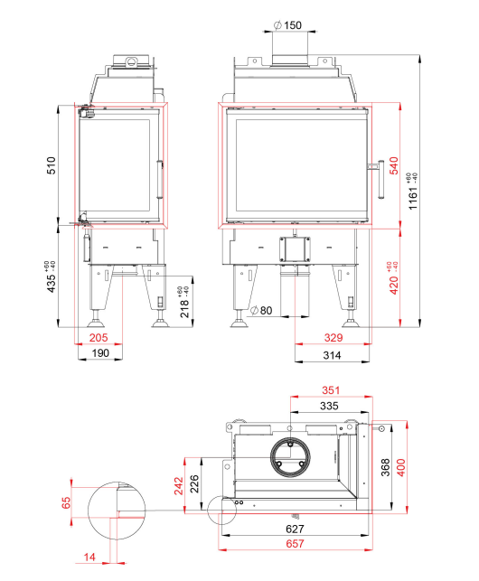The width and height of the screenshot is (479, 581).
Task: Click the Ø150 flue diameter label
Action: tap(287, 25)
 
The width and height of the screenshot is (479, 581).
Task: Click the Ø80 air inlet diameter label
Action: tap(261, 310)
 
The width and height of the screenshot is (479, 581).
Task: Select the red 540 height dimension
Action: tap(394, 165)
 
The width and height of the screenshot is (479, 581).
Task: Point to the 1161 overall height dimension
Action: tap(412, 192)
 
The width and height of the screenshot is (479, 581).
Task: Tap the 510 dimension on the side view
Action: tap(51, 165)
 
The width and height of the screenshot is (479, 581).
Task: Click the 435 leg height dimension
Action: tap(51, 276)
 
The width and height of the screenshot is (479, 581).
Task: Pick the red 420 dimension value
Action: tap(393, 278)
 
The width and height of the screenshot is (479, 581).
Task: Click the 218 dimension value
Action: tap(184, 302)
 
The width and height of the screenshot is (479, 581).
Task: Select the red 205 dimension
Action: tap(99, 338)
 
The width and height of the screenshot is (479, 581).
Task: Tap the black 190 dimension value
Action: tap(100, 353)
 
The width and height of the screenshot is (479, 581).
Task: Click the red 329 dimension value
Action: tap(333, 338)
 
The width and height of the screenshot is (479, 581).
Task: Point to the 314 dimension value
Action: tap(332, 355)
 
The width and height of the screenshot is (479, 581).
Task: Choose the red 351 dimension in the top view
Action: tap(331, 390)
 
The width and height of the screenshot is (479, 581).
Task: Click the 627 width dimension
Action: tap(296, 529)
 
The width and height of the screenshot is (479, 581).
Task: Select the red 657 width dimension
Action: tap(296, 544)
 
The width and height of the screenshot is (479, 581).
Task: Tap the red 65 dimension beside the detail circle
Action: tap(66, 502)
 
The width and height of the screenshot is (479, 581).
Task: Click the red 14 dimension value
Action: tap(89, 557)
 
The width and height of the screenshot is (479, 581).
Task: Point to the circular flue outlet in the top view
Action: tap(291, 457)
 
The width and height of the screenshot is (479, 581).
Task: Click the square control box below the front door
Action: tap(295, 249)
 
